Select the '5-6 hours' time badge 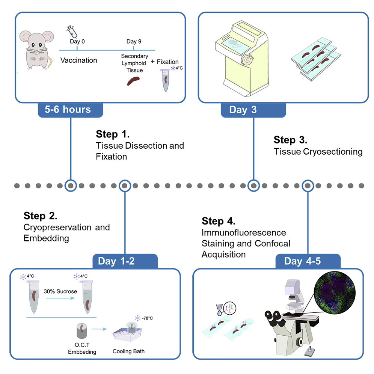click(70, 109)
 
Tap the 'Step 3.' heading click(290, 140)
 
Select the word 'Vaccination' click(79, 60)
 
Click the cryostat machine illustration click(240, 56)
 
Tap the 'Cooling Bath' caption click(128, 351)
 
